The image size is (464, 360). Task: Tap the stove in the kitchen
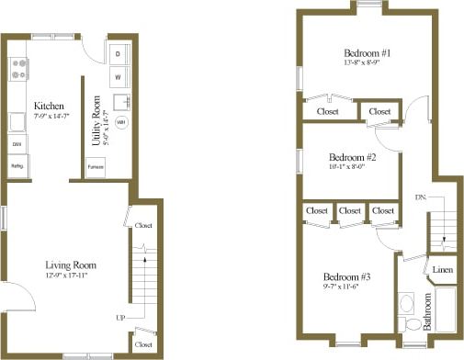[x=17, y=67]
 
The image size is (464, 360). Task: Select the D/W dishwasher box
[x=17, y=145]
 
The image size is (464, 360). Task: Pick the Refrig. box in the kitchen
[x=17, y=166]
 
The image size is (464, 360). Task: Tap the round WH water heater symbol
[x=121, y=121]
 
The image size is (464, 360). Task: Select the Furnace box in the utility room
[x=96, y=167]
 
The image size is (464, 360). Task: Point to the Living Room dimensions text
[x=70, y=276]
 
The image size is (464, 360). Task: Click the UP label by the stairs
[x=119, y=317]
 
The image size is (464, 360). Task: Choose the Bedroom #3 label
[x=347, y=276]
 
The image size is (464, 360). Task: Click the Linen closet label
[x=442, y=269]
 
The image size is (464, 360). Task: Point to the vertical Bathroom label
[x=426, y=312]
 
